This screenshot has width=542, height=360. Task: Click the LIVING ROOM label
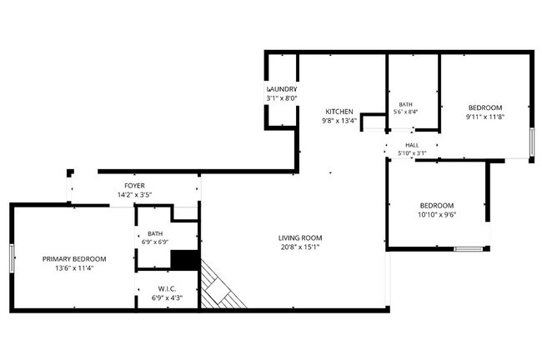[300, 237]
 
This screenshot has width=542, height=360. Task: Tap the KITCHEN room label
[339, 112]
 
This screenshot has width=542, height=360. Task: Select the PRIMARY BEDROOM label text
[74, 259]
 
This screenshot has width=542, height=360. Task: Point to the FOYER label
[134, 186]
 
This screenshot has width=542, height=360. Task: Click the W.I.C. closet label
[167, 289]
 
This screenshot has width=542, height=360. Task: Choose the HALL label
[412, 145]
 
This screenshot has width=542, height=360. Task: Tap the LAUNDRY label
[282, 89]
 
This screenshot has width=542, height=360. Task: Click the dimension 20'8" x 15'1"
[300, 247]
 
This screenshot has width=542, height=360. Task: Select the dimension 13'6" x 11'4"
[74, 268]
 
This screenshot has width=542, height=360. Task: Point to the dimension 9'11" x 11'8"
[485, 117]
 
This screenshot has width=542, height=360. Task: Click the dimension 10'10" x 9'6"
[437, 214]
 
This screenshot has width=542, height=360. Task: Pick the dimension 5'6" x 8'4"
[406, 112]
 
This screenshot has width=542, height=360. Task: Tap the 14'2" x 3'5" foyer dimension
[134, 195]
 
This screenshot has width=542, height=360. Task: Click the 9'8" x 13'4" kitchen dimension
[339, 121]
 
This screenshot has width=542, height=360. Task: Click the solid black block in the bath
[185, 260]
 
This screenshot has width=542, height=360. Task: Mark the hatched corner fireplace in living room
[220, 287]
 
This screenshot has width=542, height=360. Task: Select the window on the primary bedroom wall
[13, 258]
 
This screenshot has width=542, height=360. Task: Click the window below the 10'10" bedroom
[469, 249]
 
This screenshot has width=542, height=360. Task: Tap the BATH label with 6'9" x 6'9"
[155, 233]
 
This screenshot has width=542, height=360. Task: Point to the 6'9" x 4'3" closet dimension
[167, 297]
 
